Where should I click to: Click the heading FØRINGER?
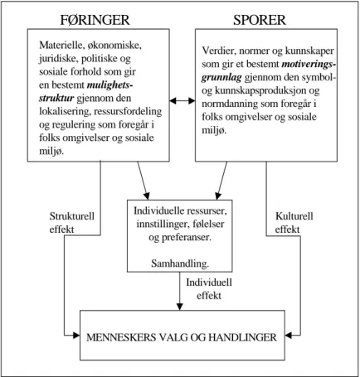click(x=95, y=20)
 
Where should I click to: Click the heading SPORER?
click(x=260, y=20)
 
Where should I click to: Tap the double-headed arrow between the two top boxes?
click(x=182, y=101)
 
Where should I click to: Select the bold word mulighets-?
click(x=109, y=85)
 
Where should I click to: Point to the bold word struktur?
click(x=56, y=99)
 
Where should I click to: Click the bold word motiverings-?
click(x=309, y=65)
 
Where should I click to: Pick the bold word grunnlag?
click(x=221, y=78)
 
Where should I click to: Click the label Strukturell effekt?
click(x=72, y=223)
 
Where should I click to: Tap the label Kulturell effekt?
click(x=294, y=223)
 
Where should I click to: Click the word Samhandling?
click(x=180, y=263)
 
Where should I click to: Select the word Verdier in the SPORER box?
click(x=219, y=51)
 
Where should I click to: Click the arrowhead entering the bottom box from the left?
click(x=76, y=336)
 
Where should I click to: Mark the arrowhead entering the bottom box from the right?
click(x=289, y=336)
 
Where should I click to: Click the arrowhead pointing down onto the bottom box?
click(x=180, y=307)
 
